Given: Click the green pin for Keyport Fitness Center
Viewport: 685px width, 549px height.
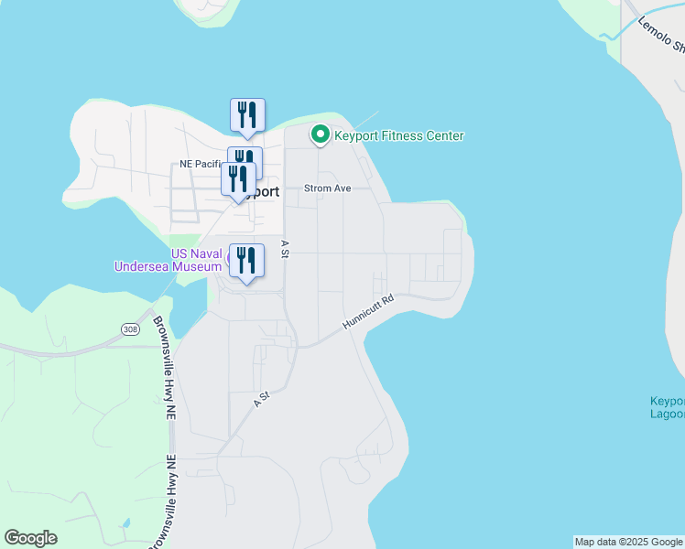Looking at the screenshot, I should click(x=321, y=135).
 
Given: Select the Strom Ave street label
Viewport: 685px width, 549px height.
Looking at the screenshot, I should click(x=328, y=188).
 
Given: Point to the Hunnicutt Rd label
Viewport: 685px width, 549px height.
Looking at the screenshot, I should click(x=368, y=312).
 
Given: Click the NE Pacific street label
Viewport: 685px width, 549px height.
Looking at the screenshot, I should click(x=202, y=164).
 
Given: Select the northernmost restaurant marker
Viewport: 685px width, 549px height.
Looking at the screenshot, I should click(x=247, y=114).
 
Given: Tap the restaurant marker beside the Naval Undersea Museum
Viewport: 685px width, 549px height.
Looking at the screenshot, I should click(x=246, y=260).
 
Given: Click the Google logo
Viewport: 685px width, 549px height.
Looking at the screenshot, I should click(x=30, y=538).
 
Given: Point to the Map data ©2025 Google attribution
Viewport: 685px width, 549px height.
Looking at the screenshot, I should click(x=628, y=542).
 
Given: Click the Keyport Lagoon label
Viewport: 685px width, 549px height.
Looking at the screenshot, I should click(x=668, y=408).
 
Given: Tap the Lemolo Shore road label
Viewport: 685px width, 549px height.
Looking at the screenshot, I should click(x=661, y=36).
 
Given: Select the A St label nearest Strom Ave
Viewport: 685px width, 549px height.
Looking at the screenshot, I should click(x=285, y=248).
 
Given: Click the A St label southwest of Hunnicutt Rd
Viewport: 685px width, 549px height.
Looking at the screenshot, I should click(x=263, y=399).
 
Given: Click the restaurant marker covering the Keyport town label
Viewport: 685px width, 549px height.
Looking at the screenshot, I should click(x=238, y=178).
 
